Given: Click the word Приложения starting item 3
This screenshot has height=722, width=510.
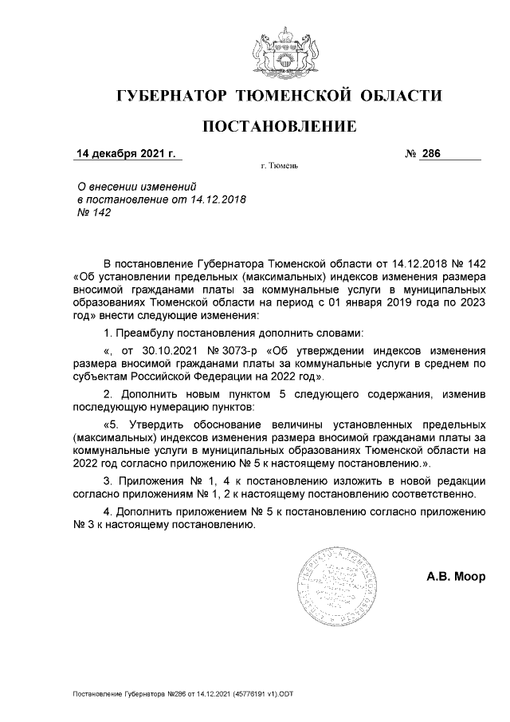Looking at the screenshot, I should [x=151, y=482].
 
